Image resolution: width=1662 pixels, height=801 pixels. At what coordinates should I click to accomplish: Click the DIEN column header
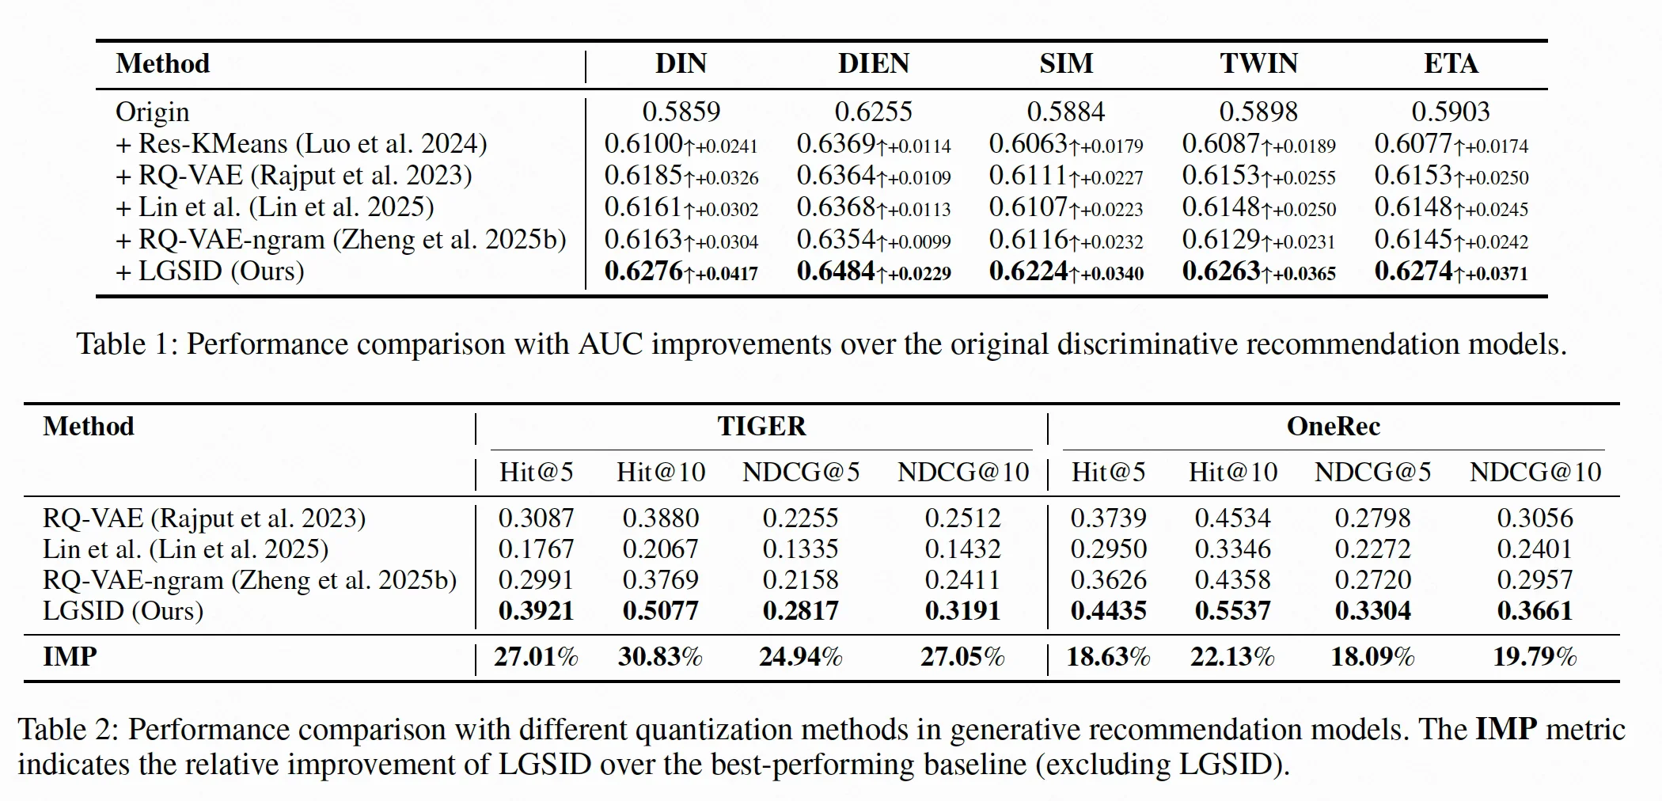point(874,63)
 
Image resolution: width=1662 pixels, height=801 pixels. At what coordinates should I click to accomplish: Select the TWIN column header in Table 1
point(1258,63)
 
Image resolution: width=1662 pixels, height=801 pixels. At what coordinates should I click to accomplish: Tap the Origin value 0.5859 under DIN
point(681,112)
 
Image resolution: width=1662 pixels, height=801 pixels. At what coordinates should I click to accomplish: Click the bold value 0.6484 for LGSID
point(836,271)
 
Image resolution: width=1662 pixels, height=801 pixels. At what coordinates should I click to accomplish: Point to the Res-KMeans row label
point(302,144)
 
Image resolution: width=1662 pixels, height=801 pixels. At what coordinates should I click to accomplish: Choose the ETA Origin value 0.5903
point(1451,112)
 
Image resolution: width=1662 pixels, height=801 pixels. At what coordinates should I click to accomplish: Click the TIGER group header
point(761,427)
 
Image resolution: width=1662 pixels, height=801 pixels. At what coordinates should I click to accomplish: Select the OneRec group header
point(1334,427)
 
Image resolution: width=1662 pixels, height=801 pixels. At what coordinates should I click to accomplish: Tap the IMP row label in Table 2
point(70,657)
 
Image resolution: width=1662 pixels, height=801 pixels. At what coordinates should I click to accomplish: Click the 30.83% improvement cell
point(660,657)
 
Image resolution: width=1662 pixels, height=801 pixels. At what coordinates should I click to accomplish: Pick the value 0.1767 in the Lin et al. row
point(536,549)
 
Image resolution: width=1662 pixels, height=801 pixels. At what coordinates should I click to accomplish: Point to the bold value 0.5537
point(1232,611)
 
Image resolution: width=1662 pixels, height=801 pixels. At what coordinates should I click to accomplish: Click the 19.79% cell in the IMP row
point(1535,657)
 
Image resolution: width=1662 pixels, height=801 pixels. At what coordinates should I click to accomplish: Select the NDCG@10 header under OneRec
point(1535,473)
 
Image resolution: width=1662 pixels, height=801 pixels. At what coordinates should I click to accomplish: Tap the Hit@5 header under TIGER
point(536,473)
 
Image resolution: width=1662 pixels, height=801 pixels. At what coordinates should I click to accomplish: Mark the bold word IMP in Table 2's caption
point(1506,729)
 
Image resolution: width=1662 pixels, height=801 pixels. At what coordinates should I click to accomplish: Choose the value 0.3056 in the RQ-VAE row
point(1535,518)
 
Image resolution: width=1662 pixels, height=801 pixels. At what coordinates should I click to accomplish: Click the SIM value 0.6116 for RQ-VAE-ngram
point(1028,239)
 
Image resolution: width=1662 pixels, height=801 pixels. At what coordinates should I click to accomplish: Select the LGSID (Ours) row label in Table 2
point(123,611)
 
